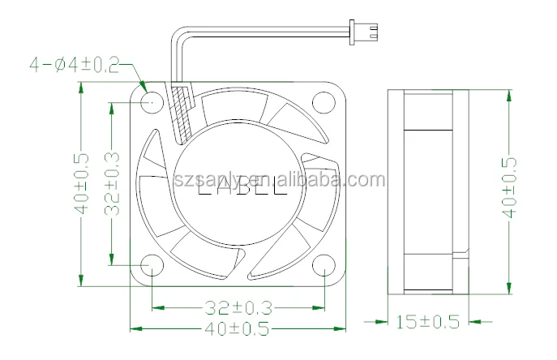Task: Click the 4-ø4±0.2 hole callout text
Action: point(74,63)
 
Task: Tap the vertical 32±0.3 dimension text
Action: point(113,184)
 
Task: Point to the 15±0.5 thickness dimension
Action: point(427,323)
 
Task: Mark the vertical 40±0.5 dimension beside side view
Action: point(509,186)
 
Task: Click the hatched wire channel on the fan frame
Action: point(183,113)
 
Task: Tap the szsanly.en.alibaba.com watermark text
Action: point(280,179)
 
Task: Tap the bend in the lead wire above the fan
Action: point(178,34)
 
